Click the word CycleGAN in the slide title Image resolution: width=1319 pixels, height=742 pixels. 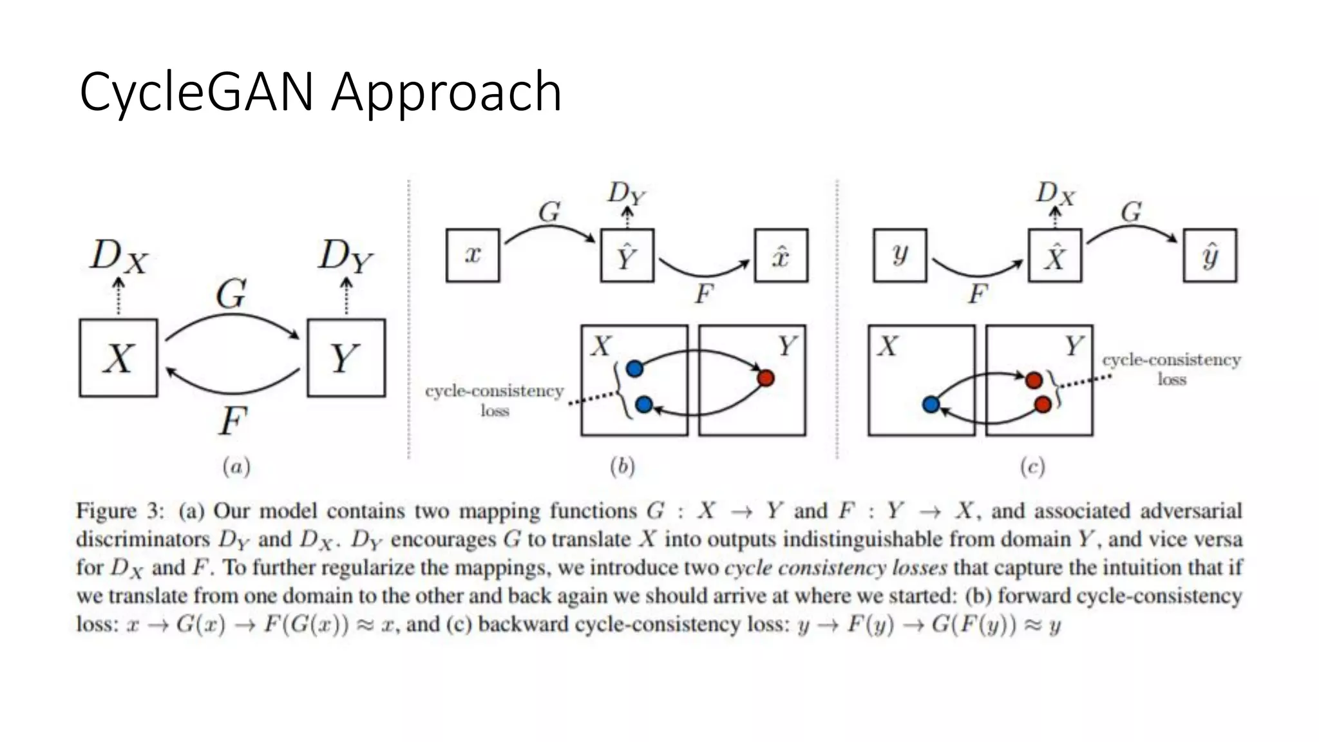(x=196, y=92)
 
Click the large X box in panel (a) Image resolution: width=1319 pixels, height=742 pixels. (x=119, y=357)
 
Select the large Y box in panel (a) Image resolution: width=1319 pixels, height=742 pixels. (x=346, y=357)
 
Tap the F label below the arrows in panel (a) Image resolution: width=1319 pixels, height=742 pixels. (x=232, y=421)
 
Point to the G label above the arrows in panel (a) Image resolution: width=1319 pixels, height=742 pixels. (x=231, y=294)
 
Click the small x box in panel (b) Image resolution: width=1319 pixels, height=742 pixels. (x=473, y=255)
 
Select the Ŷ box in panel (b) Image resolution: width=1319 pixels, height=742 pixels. (x=627, y=256)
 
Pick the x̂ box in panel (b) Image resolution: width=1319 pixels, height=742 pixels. (x=781, y=256)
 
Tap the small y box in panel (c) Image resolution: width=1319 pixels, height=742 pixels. (x=900, y=255)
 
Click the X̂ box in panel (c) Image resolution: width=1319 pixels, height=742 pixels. (x=1054, y=256)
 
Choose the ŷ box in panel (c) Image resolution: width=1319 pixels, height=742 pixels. (x=1210, y=256)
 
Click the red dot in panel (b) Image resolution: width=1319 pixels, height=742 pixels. (x=766, y=378)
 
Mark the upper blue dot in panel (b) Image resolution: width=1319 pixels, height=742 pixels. (x=634, y=368)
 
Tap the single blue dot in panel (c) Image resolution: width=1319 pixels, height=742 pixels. (x=931, y=404)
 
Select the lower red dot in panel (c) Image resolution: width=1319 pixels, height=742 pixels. (x=1043, y=404)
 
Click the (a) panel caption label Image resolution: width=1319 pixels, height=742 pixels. (x=236, y=466)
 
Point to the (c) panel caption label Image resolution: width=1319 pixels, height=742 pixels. (x=1032, y=466)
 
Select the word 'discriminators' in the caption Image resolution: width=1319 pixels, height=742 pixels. (x=142, y=539)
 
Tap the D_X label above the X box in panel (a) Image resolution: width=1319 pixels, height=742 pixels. (x=119, y=256)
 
